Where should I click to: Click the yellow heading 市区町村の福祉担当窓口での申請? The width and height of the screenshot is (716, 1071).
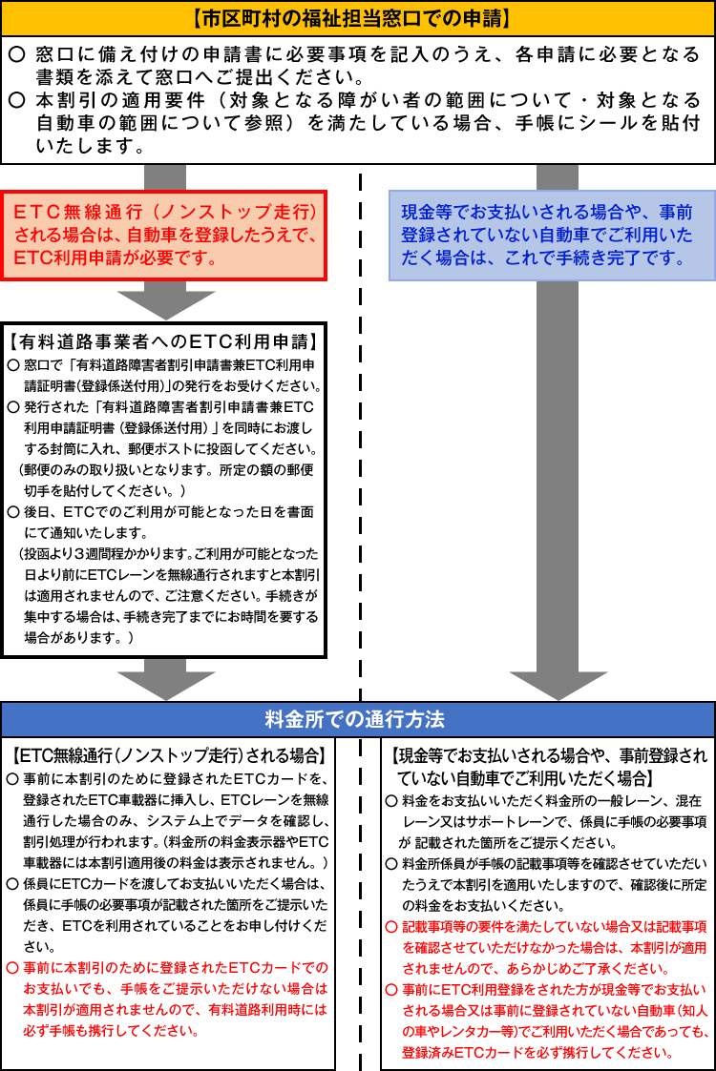coord(358,18)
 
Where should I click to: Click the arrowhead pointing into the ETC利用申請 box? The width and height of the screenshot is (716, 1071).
coord(165,303)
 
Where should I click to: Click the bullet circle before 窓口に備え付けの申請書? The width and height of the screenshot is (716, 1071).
coord(17,54)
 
